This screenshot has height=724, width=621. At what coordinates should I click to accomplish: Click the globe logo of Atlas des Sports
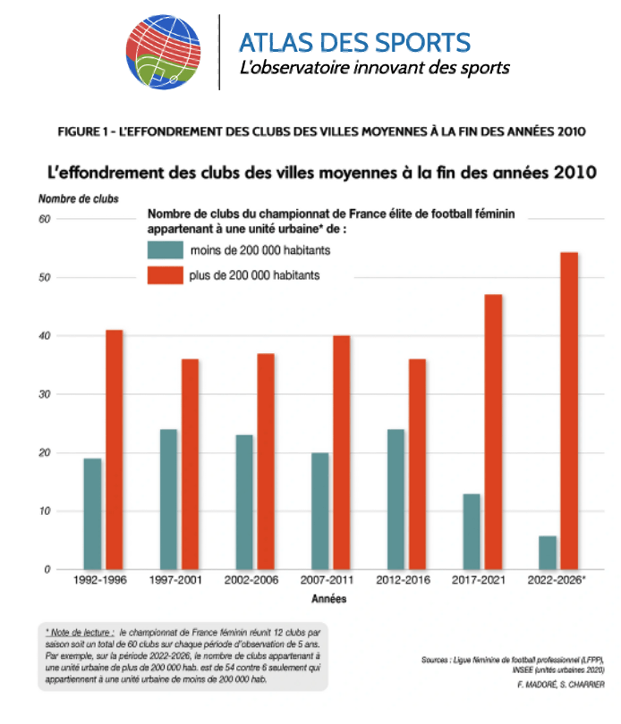(163, 52)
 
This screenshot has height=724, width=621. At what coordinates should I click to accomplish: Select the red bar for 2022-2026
(569, 411)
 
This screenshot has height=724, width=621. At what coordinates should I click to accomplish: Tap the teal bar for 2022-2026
(548, 552)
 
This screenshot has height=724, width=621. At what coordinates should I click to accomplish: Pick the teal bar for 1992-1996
(92, 514)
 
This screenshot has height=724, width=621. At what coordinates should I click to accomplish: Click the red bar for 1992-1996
(115, 450)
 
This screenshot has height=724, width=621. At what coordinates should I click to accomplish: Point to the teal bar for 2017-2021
(472, 532)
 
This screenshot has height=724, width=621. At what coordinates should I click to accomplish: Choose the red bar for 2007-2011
(342, 452)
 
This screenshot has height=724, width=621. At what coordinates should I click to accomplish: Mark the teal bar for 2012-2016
(396, 499)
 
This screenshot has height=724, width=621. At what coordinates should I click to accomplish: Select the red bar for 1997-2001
(190, 464)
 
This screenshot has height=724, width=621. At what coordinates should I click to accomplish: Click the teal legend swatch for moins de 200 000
(165, 249)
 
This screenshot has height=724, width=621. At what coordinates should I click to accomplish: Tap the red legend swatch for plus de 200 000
(165, 275)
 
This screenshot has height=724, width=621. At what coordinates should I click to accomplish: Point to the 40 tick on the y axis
(45, 336)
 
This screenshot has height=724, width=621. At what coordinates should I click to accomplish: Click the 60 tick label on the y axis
(45, 219)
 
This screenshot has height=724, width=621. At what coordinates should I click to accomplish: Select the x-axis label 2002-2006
(251, 580)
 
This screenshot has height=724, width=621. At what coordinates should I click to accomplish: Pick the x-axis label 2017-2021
(479, 580)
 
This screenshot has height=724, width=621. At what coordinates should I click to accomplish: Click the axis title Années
(328, 599)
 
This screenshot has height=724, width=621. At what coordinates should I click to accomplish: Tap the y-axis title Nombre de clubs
(79, 199)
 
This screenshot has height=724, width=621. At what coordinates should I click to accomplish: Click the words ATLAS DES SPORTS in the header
(354, 43)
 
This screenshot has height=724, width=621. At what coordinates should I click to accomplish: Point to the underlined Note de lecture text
(80, 633)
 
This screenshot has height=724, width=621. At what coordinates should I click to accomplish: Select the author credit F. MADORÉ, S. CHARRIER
(561, 685)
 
